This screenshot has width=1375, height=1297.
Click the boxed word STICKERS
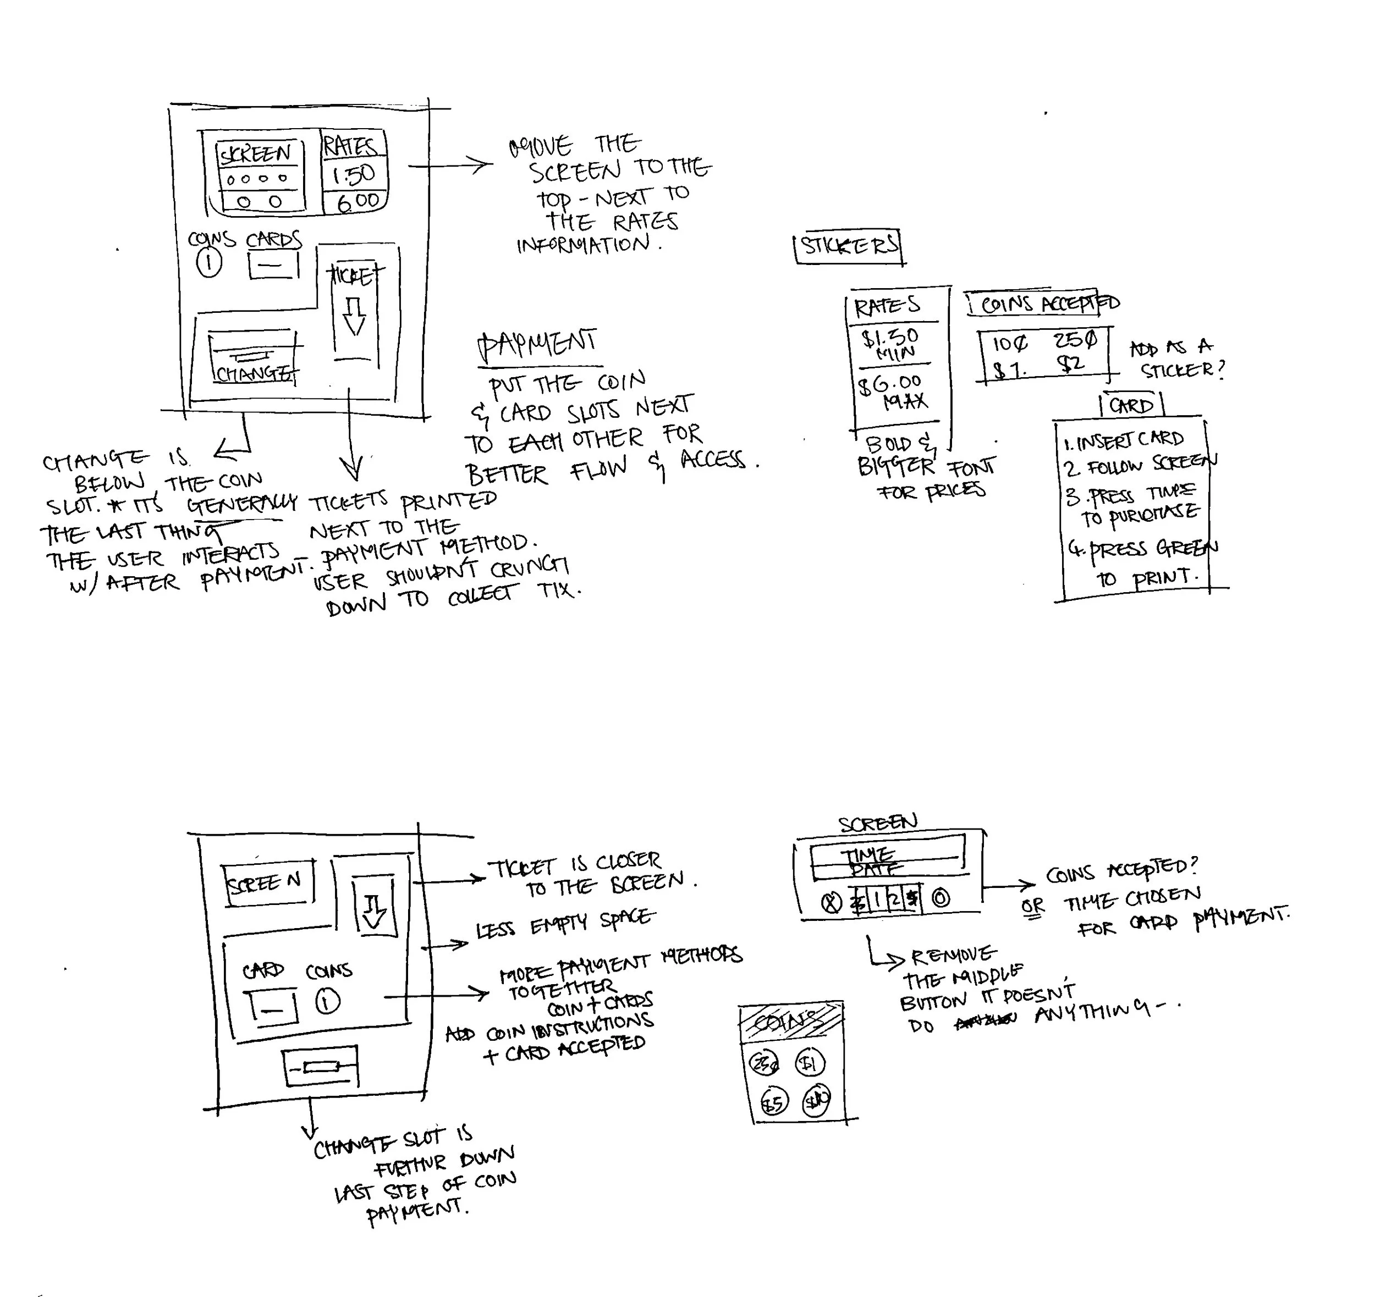[849, 245]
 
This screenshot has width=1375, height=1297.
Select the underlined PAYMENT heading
[537, 344]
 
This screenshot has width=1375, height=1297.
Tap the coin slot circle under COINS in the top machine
[210, 263]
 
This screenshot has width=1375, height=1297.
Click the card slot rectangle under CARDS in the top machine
[273, 265]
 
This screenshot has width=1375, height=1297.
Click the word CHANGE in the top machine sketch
[253, 374]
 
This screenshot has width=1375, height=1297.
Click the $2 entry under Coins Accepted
[1071, 363]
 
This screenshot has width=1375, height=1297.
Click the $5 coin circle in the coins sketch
[773, 1103]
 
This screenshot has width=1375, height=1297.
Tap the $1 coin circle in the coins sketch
[809, 1063]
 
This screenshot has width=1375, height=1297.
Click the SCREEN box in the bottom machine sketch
[268, 883]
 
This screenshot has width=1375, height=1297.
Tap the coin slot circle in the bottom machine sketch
[328, 1001]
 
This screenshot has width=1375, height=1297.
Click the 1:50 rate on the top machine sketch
[354, 175]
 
